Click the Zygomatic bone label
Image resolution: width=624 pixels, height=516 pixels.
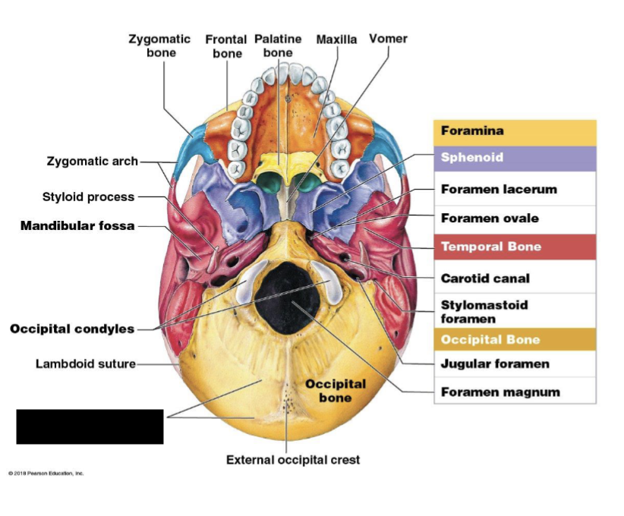coord(159,46)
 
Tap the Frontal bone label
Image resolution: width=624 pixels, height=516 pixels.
coord(226,46)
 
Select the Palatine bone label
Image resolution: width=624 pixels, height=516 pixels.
coord(278,46)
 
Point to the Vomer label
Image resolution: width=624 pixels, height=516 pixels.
coord(388,39)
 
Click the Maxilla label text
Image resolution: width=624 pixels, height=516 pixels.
coord(336,39)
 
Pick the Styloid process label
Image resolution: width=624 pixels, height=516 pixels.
coord(88,197)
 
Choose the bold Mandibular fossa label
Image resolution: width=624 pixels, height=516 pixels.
coord(77,226)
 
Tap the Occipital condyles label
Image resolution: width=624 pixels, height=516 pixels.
coord(72,329)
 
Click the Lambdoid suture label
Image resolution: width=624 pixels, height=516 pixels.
coord(85,364)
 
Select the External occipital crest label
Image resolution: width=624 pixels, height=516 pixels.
coord(293,460)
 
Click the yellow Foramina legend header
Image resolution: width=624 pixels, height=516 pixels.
coord(515,132)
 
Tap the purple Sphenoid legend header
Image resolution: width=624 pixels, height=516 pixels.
coord(515,159)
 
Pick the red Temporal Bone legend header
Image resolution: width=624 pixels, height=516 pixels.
coord(515,247)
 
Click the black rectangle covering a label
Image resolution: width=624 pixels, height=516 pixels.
coord(90,426)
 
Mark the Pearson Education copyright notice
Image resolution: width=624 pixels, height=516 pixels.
coord(46,474)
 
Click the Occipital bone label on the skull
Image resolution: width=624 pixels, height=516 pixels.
coord(336,391)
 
